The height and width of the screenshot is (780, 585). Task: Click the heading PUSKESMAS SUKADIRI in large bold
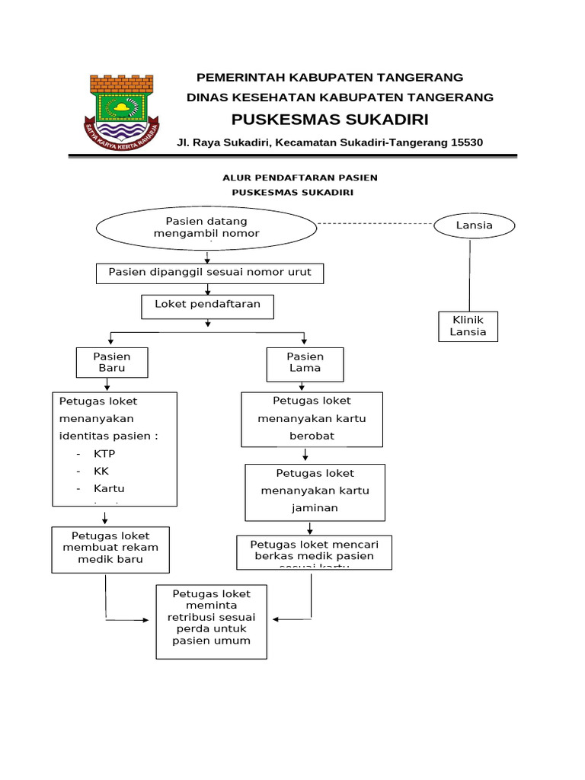(x=330, y=120)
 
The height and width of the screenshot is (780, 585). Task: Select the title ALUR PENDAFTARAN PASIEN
(x=299, y=177)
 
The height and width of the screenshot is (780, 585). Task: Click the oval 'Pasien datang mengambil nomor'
(x=206, y=227)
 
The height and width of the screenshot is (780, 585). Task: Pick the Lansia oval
(x=474, y=225)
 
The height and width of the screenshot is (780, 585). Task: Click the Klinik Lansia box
(x=468, y=327)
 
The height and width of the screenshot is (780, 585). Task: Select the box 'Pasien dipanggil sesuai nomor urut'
(x=209, y=273)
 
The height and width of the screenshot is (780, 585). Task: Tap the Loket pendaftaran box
(x=208, y=305)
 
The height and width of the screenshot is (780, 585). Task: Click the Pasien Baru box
(x=111, y=363)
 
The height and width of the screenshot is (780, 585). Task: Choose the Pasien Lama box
(x=305, y=363)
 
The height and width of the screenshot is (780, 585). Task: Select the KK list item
(x=101, y=471)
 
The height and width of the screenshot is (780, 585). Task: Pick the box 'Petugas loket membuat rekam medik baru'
(x=110, y=548)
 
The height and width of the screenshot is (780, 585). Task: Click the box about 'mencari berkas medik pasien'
(x=314, y=552)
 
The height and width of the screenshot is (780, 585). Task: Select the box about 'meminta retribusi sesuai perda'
(x=211, y=621)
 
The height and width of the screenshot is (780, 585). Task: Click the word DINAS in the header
(x=207, y=97)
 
